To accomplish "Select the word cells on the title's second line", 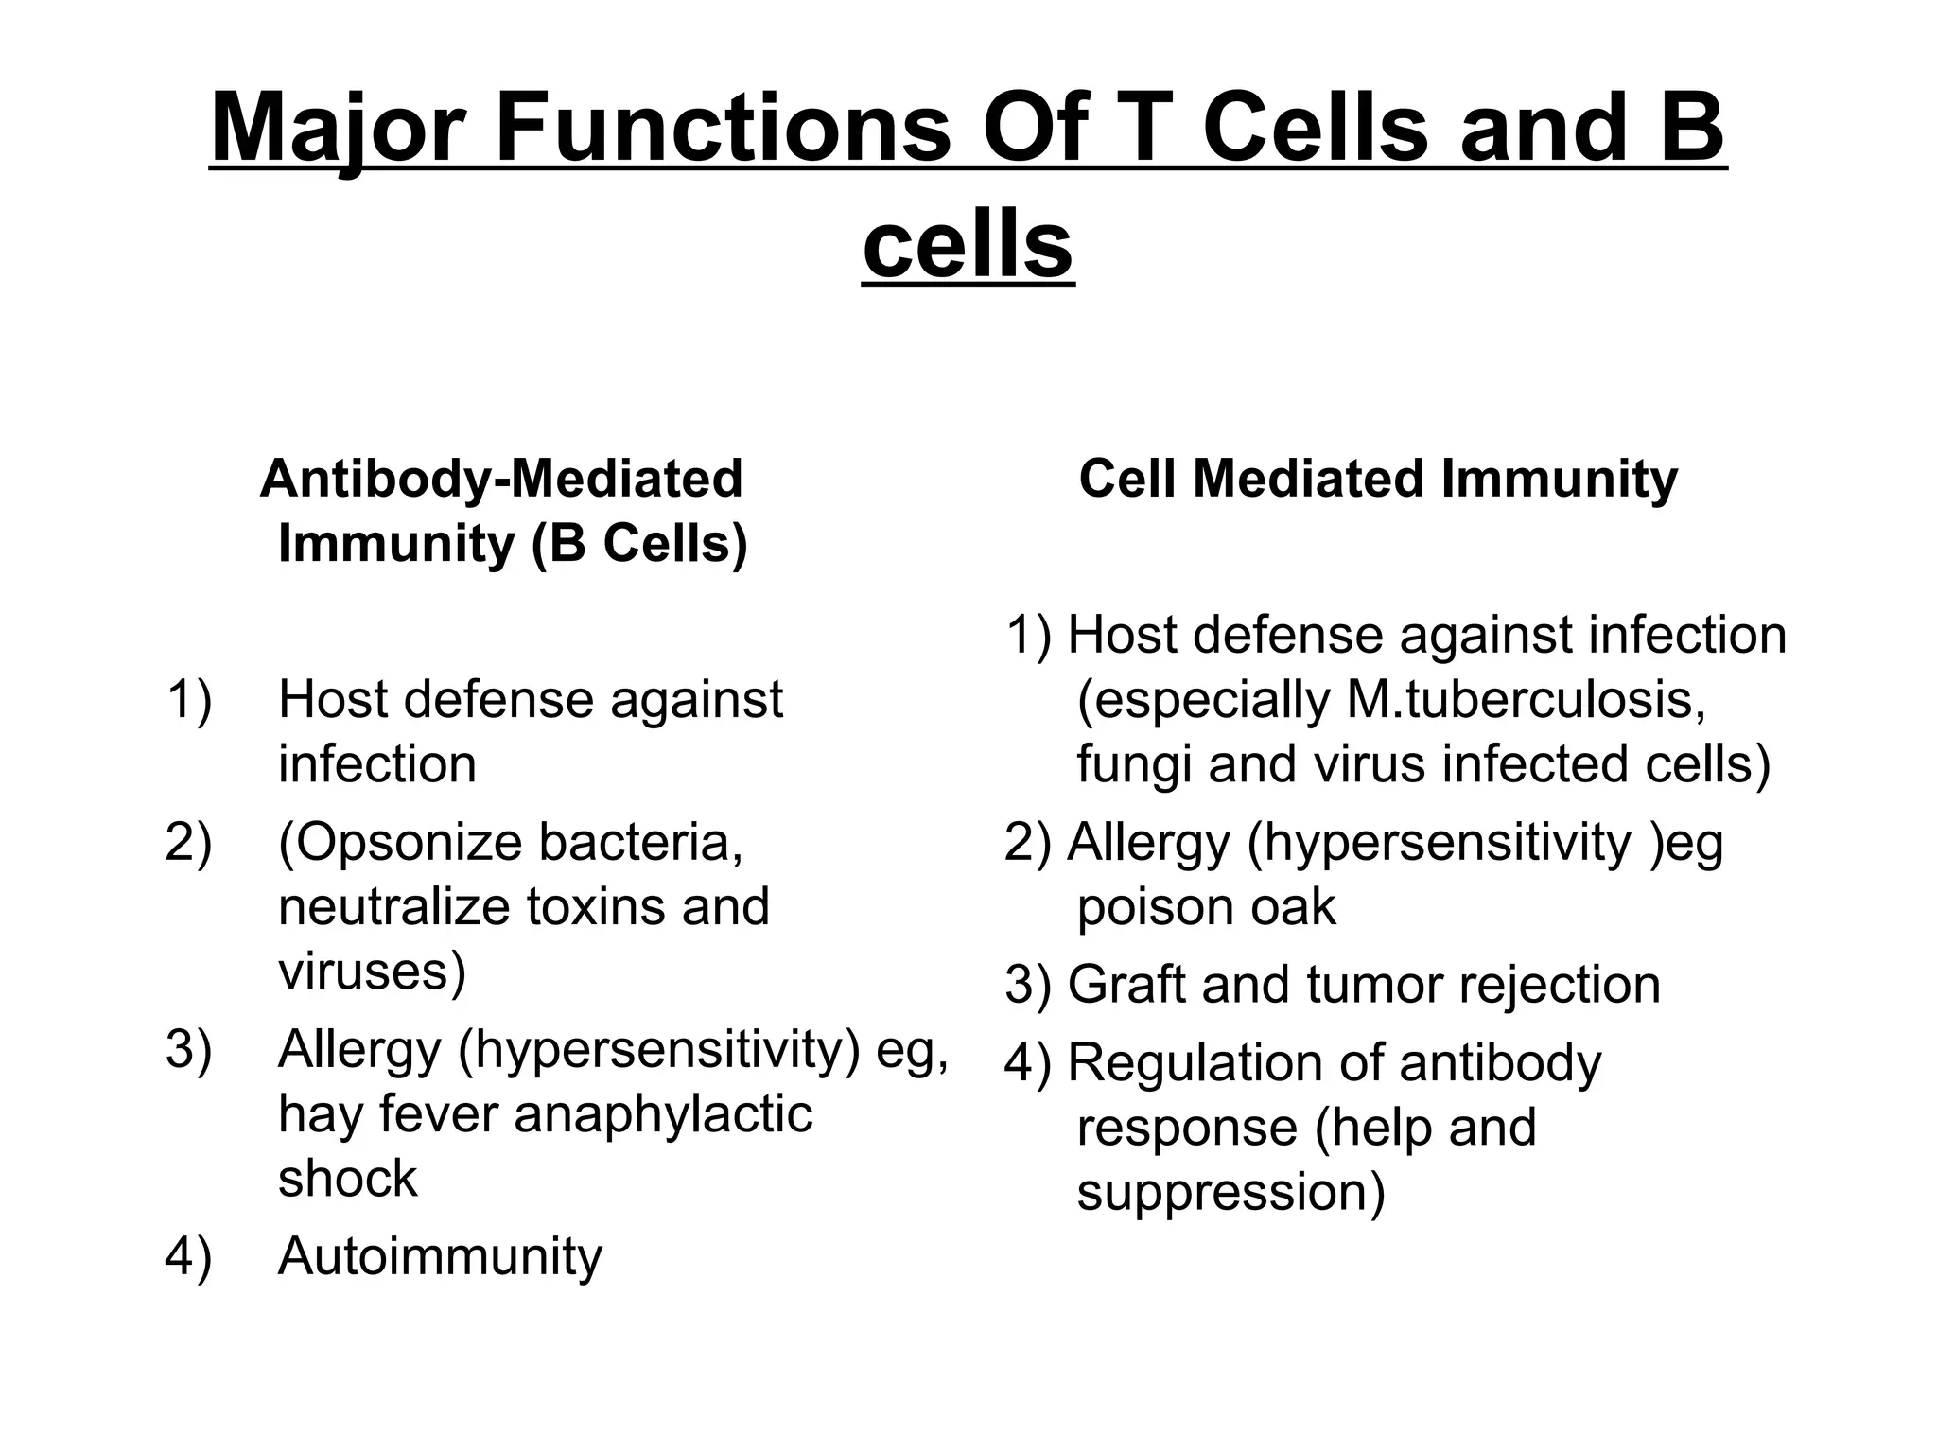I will tap(968, 246).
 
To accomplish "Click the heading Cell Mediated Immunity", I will tap(1378, 479).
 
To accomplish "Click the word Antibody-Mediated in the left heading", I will tap(501, 479).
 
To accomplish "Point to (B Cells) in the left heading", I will tap(639, 544).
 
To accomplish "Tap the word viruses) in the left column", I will tap(372, 972).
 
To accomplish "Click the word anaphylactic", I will tap(663, 1114).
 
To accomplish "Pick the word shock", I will tap(347, 1179).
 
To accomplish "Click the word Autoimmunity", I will tap(440, 1256).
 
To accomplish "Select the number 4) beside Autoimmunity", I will tap(188, 1256).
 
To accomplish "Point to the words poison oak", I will tap(1206, 906).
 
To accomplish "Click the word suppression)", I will tap(1230, 1192).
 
